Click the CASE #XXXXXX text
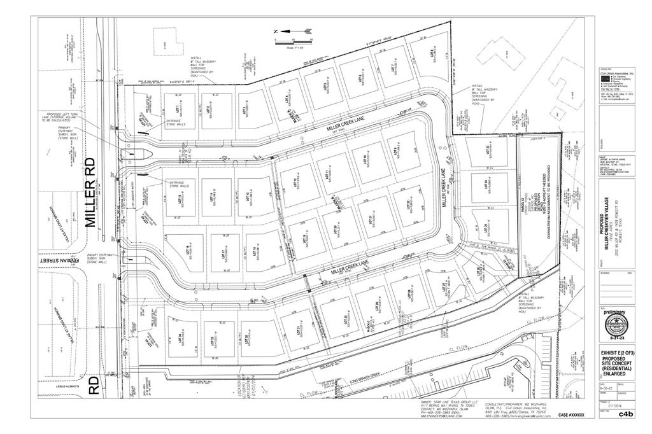(570, 415)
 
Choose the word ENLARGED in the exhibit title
(616, 374)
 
